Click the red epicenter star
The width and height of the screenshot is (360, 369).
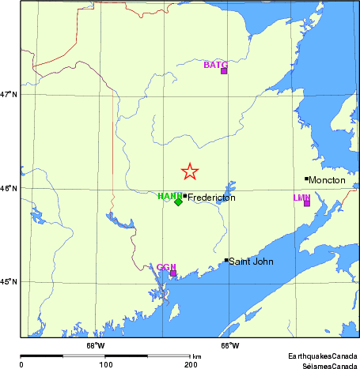[x=190, y=171]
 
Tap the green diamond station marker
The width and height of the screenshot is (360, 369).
[x=178, y=201]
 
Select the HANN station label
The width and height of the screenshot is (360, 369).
[x=169, y=196]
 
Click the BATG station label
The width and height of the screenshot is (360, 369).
[x=215, y=64]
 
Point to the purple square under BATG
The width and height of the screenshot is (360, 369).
[x=224, y=71]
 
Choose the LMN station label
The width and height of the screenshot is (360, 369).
[x=301, y=198]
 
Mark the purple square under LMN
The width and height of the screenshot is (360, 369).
[x=307, y=203]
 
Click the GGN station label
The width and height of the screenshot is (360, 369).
[x=166, y=267]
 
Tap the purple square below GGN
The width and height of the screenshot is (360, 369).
[x=172, y=273]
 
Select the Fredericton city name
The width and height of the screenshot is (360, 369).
[x=211, y=198]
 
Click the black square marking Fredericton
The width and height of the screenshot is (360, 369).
[x=184, y=197]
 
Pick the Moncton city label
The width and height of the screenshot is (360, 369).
[x=328, y=180]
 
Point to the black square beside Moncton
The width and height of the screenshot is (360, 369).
[x=307, y=179]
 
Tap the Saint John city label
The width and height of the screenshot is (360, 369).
[x=250, y=261]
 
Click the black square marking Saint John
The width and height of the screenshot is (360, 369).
[x=226, y=260]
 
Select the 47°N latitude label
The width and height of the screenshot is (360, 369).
[x=9, y=95]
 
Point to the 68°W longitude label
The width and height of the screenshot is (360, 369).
[x=95, y=345]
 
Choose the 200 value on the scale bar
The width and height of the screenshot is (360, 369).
[x=190, y=365]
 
